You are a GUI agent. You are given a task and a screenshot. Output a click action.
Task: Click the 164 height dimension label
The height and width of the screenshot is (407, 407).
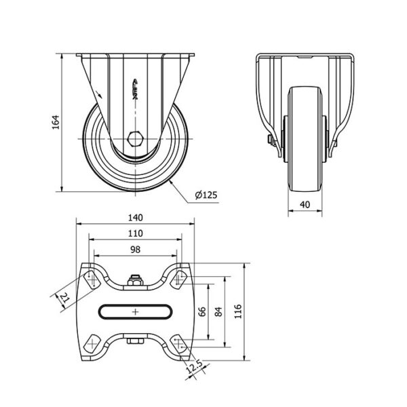coord(56,122)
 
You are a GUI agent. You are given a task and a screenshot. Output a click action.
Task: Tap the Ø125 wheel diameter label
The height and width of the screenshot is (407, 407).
coord(206,195)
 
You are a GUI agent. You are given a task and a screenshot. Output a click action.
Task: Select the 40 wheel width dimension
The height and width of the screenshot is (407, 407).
coord(305,205)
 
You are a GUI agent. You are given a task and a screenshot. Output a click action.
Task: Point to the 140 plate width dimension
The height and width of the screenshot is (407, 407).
coord(136,218)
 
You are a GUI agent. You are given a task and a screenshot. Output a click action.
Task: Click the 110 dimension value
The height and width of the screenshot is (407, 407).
coord(136,233)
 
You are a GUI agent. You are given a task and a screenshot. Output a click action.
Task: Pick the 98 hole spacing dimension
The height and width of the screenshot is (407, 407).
coord(135,250)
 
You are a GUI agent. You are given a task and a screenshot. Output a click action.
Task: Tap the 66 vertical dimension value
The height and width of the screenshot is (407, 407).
coord(202,311)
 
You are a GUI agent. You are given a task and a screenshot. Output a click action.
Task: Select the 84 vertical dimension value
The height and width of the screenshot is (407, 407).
coord(218,311)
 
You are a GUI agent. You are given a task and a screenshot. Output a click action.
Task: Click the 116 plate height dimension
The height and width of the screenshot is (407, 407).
coord(238,311)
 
